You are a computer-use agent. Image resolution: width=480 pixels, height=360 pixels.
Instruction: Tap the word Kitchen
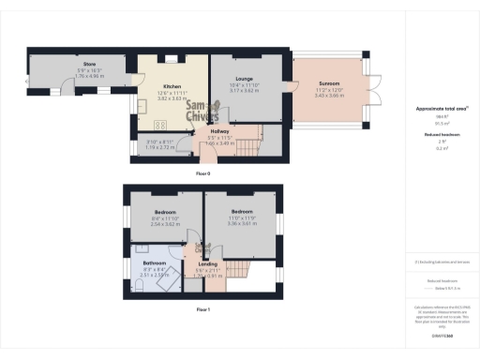[171, 86]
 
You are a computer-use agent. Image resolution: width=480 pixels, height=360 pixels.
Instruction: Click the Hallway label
[220, 131]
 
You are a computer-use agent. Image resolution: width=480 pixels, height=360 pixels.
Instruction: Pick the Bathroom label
[155, 263]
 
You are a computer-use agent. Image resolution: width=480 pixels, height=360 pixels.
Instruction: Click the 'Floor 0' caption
[203, 174]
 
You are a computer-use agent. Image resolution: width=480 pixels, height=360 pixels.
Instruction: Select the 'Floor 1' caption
[203, 308]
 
